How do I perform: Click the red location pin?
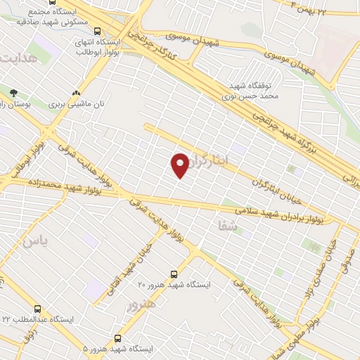[180, 165]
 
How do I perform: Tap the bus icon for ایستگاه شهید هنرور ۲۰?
[174, 274]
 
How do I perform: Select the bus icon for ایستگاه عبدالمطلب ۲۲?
[37, 309]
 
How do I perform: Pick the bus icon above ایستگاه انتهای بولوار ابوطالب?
[96, 31]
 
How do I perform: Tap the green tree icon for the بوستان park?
[13, 93]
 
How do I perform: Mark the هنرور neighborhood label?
[141, 304]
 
